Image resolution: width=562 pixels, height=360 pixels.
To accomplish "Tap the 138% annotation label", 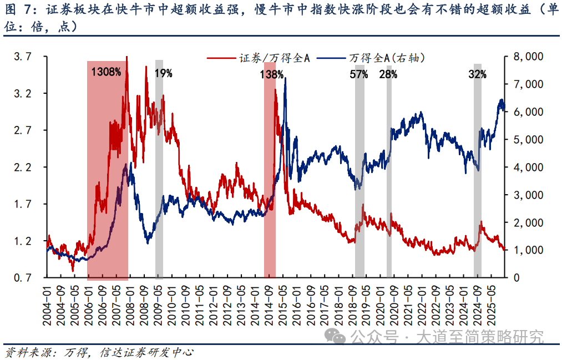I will pos(272,74).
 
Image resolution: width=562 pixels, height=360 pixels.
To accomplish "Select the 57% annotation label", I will pos(359,74).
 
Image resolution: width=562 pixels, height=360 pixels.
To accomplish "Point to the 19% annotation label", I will pos(163,72).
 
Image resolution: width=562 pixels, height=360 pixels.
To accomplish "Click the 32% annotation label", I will pos(477,74).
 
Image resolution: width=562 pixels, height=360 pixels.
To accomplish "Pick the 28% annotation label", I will pos(388,74).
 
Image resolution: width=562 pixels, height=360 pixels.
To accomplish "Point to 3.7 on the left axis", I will pos(23,57).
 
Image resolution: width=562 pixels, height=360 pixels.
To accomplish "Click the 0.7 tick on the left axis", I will pos(23,277).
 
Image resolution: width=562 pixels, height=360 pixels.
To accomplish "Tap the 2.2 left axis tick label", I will pos(23,167).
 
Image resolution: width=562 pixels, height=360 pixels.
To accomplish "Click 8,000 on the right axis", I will pos(526,57).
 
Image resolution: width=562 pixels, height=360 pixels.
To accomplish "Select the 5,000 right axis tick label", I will pos(526,139).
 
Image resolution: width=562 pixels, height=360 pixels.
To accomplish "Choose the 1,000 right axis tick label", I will pos(526,250).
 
